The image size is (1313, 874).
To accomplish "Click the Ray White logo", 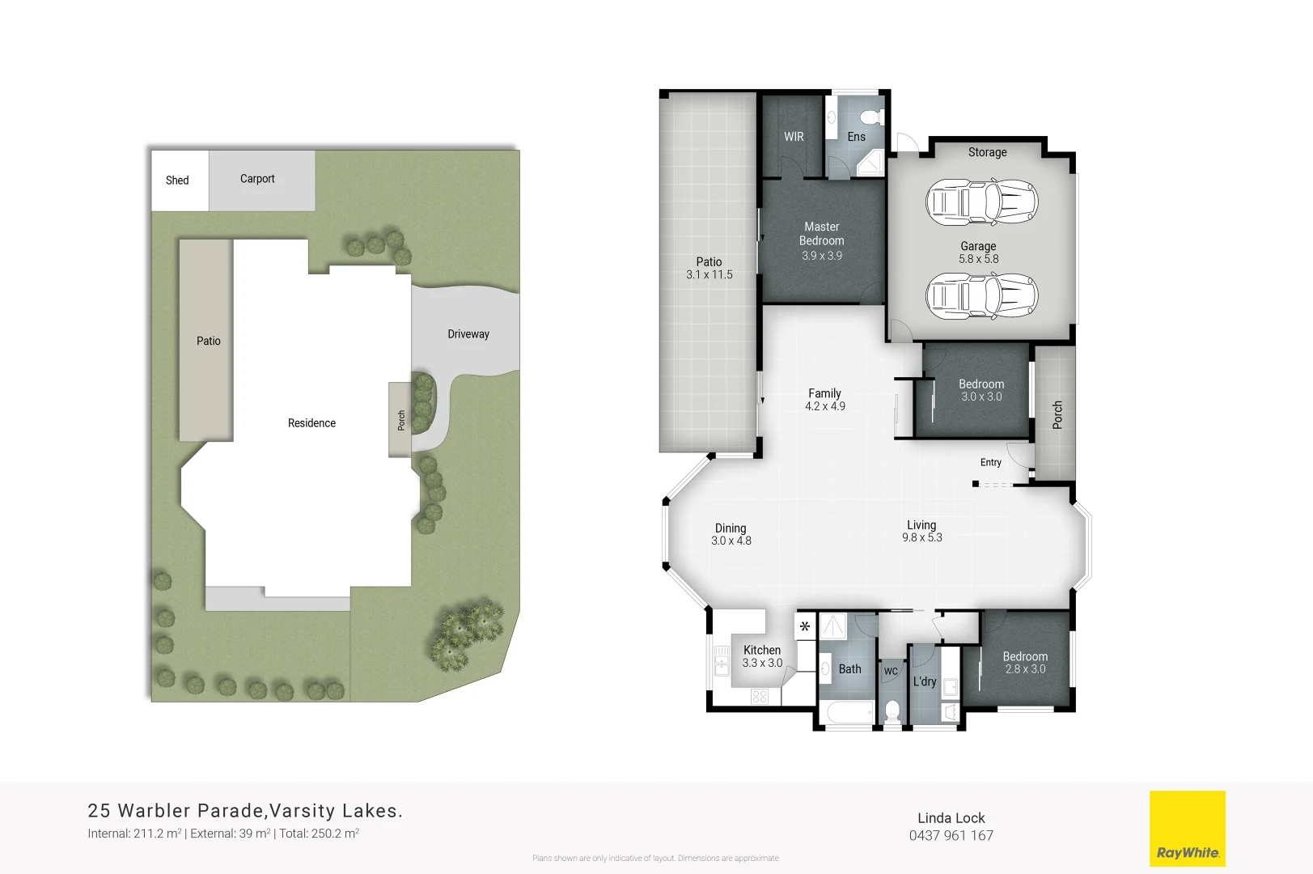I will [x=1187, y=829].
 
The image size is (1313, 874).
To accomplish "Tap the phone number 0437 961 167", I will [x=951, y=836].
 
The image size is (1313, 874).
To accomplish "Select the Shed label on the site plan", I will [x=177, y=180].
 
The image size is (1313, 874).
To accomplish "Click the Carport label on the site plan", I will [x=257, y=179].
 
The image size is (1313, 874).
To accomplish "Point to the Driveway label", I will [x=468, y=334].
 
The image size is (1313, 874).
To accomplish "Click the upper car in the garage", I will [x=981, y=202].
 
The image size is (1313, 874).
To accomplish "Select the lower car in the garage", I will [x=981, y=295].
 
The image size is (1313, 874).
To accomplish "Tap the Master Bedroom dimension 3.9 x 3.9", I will [x=822, y=256].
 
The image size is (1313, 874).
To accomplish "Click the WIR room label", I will [x=794, y=137].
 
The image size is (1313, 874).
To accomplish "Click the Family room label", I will [x=824, y=393].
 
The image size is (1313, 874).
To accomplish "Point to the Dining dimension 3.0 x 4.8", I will [x=731, y=541].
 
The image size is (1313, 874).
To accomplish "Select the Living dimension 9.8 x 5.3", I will [x=922, y=537].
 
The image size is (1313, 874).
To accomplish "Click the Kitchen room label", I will [x=762, y=650].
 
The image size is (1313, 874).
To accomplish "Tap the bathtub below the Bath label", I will [x=846, y=713].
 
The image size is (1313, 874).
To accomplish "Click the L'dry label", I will [x=925, y=681].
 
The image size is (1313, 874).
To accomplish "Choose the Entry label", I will [x=991, y=462].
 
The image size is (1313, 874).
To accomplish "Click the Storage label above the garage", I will [x=988, y=152].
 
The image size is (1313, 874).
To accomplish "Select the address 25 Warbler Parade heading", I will [x=245, y=811].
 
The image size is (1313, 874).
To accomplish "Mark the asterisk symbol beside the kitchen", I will [x=805, y=626].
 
